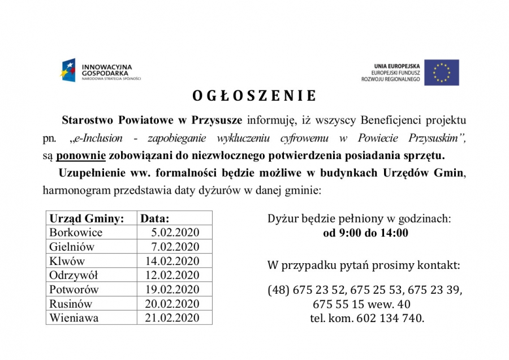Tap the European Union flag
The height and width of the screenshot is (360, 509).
pos(442,72)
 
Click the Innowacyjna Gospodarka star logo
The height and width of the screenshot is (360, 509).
pos(68,70)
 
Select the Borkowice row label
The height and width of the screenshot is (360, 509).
pos(76,233)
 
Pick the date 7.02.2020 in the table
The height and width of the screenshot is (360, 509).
pos(175,247)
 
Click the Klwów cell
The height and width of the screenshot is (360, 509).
pos(67,261)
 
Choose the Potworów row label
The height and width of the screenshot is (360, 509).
pos(74,289)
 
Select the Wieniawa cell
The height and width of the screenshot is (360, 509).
pos(74,318)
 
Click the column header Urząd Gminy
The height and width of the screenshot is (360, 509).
pos(87,218)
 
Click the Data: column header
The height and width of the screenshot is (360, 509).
pos(155,218)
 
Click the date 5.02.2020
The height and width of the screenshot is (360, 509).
pos(175,233)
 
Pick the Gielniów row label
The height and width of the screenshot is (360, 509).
pos(72,247)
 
